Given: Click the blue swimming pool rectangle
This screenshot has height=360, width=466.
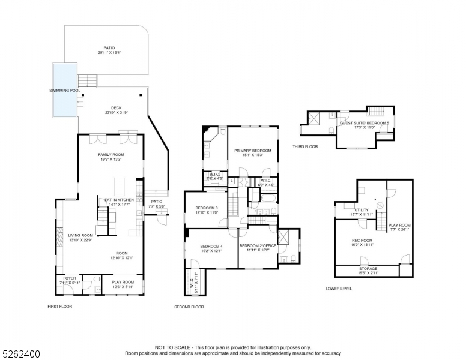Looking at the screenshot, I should tap(64, 90).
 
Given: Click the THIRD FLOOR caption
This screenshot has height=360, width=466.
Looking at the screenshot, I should tap(305, 146).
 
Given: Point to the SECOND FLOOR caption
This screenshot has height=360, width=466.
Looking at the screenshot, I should tap(189, 307).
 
